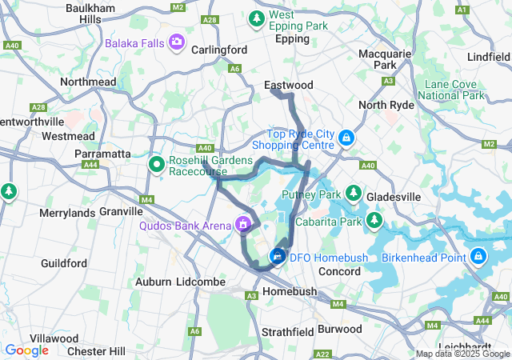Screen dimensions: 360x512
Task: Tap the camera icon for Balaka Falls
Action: click(x=177, y=41)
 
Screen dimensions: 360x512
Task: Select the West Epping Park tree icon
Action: click(x=258, y=17)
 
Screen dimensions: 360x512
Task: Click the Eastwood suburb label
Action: click(x=288, y=84)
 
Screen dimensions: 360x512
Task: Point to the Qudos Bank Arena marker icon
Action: click(x=242, y=226)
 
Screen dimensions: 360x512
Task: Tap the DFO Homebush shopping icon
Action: click(x=278, y=257)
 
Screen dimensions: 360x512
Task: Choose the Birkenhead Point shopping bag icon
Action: click(x=478, y=257)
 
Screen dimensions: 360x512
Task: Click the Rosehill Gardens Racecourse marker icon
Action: click(x=157, y=165)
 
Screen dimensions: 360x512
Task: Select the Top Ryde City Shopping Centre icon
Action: click(x=346, y=138)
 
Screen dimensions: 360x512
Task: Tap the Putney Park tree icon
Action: click(x=353, y=194)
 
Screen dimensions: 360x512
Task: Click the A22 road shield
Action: click(x=323, y=354)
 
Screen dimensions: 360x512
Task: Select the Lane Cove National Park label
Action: click(x=454, y=90)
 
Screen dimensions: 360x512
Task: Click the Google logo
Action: click(x=26, y=350)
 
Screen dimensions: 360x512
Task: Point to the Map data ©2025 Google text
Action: click(x=462, y=354)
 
